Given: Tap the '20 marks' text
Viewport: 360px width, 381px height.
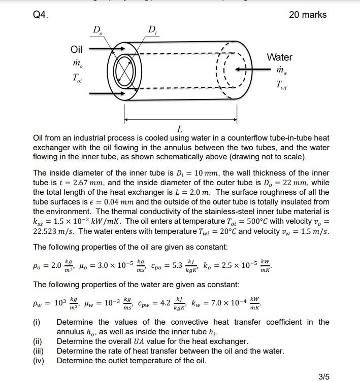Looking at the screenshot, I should [x=308, y=15].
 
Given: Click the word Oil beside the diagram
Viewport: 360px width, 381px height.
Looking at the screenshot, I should [x=76, y=49].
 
